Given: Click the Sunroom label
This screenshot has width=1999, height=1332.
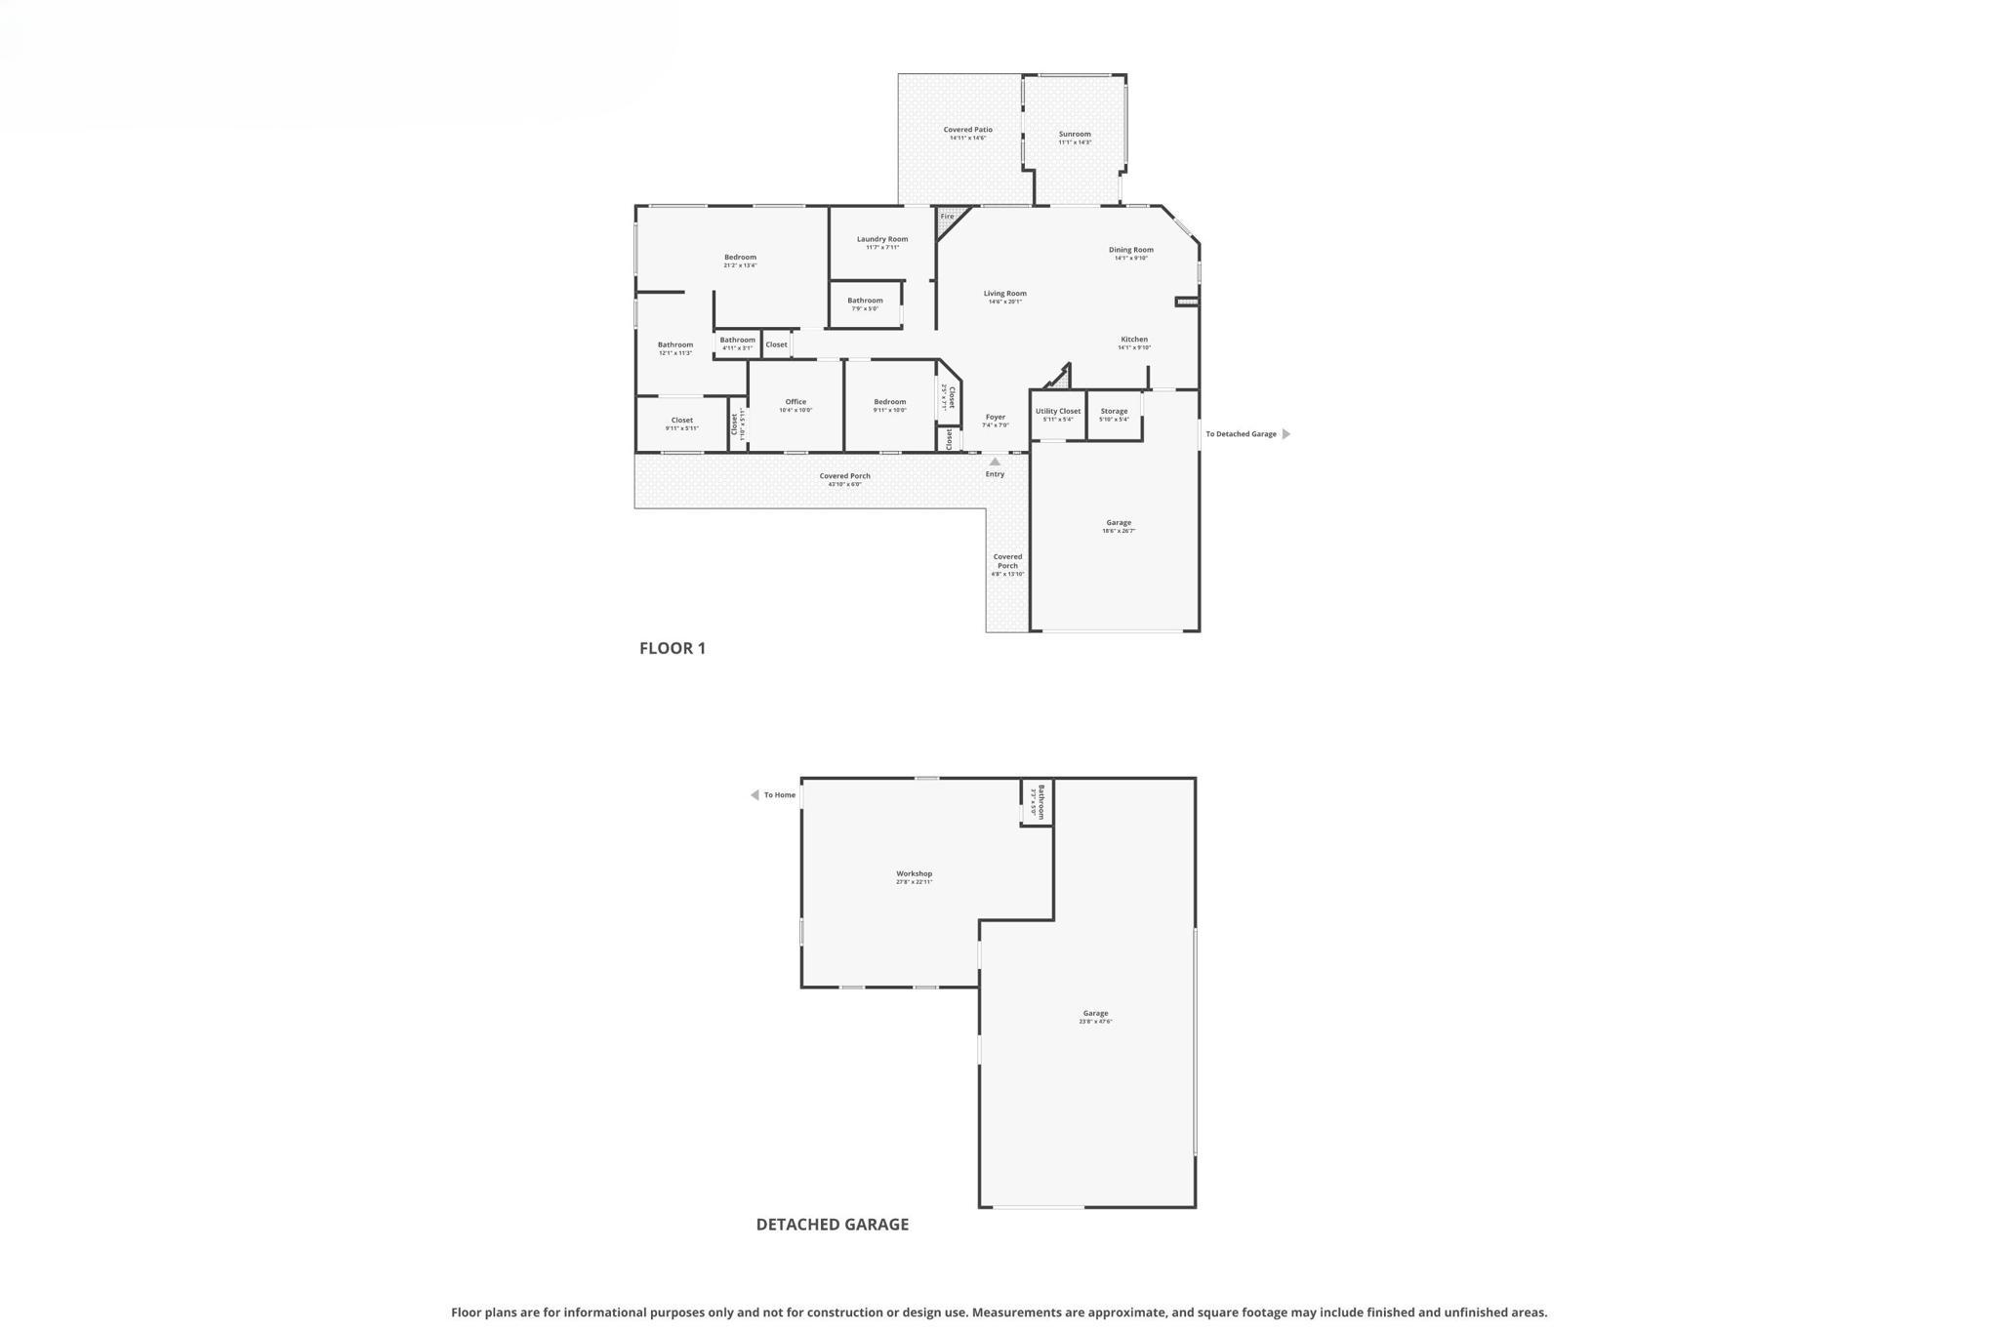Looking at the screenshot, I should (x=1075, y=134).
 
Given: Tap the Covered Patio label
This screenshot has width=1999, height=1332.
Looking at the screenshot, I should (x=967, y=130).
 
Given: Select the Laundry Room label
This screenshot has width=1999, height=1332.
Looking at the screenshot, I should (x=882, y=239).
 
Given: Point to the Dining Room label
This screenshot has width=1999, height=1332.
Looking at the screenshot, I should (x=1130, y=250).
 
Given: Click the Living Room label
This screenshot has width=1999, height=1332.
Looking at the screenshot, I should (x=1004, y=294).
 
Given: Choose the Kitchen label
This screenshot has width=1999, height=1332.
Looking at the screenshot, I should (x=1134, y=340).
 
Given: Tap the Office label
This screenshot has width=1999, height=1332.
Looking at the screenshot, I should (x=796, y=402).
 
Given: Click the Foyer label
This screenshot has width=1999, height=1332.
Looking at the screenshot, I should (x=995, y=418).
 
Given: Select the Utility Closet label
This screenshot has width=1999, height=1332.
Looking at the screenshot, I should (x=1058, y=411).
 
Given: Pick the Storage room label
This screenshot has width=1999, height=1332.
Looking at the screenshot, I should (x=1114, y=411).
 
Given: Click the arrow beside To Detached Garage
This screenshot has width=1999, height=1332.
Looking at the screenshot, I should (x=1285, y=434).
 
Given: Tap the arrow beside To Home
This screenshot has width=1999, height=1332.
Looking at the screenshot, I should (x=755, y=795).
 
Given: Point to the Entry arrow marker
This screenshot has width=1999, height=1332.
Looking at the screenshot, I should (x=995, y=463).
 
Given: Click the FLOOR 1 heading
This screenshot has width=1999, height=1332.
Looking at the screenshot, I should (x=672, y=648).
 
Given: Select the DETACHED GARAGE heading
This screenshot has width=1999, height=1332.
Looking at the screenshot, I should (x=832, y=1225).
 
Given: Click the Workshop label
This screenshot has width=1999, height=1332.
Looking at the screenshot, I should (x=914, y=873).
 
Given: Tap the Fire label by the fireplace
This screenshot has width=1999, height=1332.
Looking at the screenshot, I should (x=947, y=217).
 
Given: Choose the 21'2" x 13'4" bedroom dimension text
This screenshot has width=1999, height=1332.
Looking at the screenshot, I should (x=740, y=265).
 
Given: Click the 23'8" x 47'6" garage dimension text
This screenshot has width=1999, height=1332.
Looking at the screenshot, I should (x=1095, y=1022).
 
